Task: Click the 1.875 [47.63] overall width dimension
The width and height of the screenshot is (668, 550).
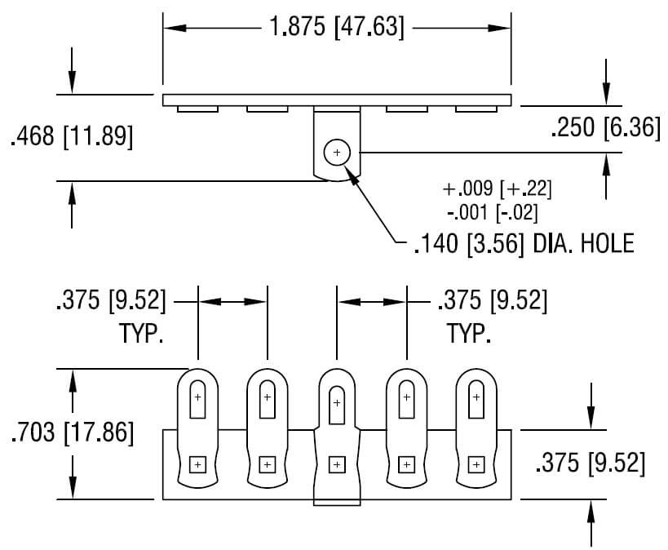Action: tap(336, 27)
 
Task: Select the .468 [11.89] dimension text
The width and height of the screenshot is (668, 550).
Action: tap(71, 136)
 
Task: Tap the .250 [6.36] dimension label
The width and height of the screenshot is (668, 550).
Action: tap(605, 128)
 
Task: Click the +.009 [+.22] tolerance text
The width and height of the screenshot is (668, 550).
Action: tap(498, 189)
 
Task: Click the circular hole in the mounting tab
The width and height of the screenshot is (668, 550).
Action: tap(336, 153)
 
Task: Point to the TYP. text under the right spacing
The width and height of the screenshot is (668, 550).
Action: tap(469, 334)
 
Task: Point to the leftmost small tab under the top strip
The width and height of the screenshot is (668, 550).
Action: tap(197, 109)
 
